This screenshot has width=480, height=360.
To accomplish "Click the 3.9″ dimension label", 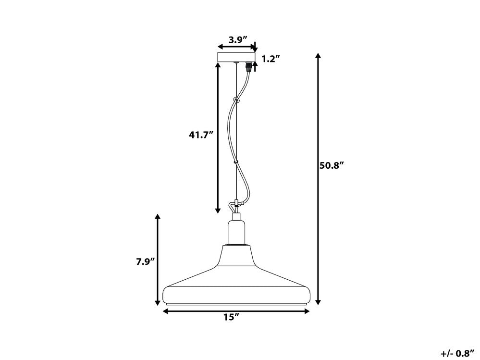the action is point(238,39).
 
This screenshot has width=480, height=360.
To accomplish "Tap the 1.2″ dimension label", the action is point(271,59).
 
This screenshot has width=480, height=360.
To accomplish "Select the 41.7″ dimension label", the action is point(200,135).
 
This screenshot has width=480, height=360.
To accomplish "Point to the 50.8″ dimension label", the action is point(332,165).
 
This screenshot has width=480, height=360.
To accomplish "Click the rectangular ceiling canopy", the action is point(236,57).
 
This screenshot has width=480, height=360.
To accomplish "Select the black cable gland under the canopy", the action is point(250,67).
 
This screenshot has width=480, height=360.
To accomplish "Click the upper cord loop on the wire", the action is point(236,99).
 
